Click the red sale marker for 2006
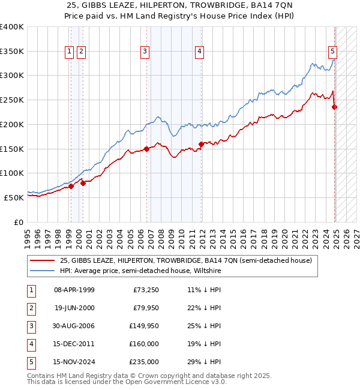click(x=146, y=149)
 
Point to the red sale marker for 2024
click(x=335, y=107)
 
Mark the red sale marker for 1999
click(x=71, y=187)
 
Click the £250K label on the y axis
click(x=12, y=100)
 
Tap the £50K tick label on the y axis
click(x=14, y=197)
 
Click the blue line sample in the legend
click(x=43, y=271)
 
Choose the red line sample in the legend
click(x=43, y=261)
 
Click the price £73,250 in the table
click(x=145, y=290)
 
